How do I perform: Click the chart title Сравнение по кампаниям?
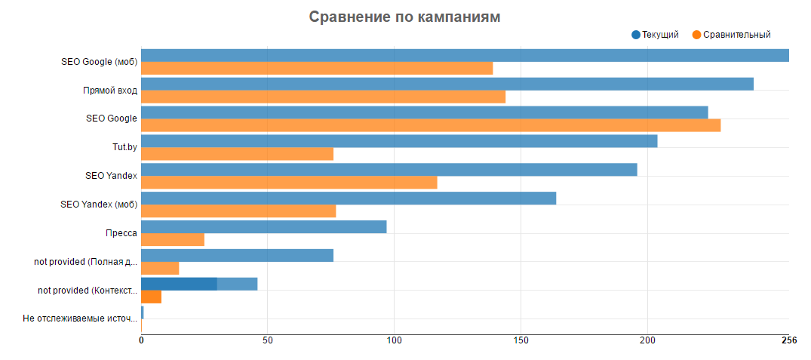point(404,17)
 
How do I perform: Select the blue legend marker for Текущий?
point(636,35)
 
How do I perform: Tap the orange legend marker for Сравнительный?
point(696,35)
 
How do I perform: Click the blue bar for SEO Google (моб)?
point(465,55)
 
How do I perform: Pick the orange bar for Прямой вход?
point(323,97)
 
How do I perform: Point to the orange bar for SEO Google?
point(431,125)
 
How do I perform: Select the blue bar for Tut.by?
point(399,141)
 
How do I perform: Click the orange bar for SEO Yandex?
point(289,183)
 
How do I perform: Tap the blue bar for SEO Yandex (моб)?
point(349,198)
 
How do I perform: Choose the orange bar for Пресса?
point(173,239)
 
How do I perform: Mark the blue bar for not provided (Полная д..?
point(237,255)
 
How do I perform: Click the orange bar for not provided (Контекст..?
point(151,297)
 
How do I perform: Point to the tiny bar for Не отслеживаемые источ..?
point(142,312)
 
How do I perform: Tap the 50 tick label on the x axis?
point(267,340)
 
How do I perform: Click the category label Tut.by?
point(124,147)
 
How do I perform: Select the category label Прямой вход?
point(110,91)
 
